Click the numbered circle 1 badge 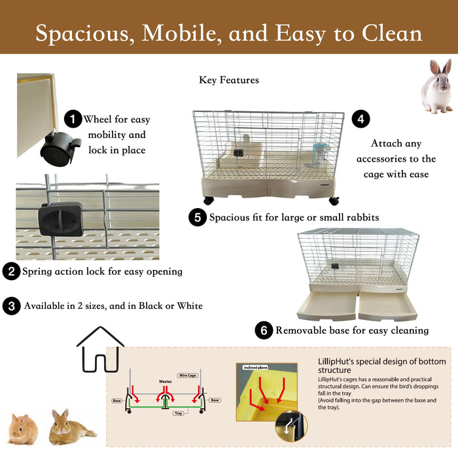pos(73,120)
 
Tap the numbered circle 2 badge pos(10,271)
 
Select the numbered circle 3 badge pos(10,306)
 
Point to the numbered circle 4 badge pos(361,119)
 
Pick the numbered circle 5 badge pos(197,217)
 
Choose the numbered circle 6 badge pos(264,330)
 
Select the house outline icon pos(101,349)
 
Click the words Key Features pos(229,80)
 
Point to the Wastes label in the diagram pos(166,381)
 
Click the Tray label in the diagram pos(178,414)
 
